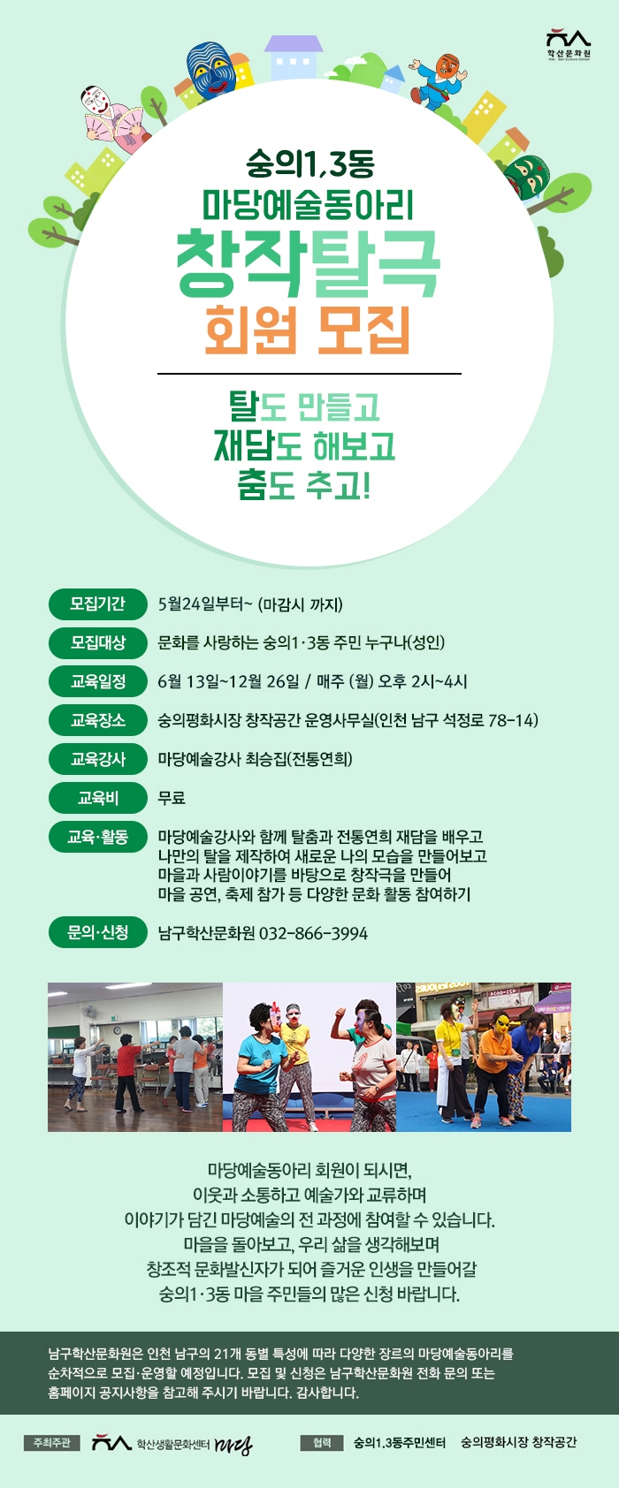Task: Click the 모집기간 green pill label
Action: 98,604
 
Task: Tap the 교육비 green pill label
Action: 98,797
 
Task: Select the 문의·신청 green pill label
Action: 98,932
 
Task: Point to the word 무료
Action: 172,798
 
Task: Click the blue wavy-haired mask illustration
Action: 212,69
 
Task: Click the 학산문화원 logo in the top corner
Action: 569,45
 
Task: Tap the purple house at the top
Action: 293,57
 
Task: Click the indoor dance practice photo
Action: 135,1057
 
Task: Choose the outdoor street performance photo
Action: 484,1057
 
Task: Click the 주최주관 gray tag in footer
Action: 52,1443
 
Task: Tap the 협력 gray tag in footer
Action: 322,1443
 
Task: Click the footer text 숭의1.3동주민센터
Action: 399,1443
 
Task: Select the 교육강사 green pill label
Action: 98,759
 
